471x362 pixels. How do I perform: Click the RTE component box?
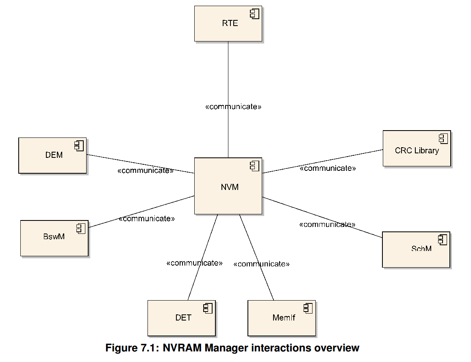(x=228, y=24)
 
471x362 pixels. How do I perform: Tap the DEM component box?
(x=52, y=155)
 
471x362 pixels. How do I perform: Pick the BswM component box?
(x=54, y=238)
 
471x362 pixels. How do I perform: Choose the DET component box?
(x=181, y=318)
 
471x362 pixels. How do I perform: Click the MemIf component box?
(x=282, y=318)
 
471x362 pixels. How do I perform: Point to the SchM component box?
(x=416, y=249)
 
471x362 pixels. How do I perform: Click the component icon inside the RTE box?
(x=254, y=14)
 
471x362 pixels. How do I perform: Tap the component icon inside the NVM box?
(x=254, y=166)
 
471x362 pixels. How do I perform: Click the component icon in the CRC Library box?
(x=443, y=139)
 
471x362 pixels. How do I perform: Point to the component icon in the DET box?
(x=208, y=308)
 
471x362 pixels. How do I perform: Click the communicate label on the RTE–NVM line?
(x=233, y=107)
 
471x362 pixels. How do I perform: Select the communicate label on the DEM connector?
(x=145, y=170)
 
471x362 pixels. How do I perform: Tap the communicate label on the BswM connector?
(x=147, y=219)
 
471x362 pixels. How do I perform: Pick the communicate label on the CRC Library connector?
(x=328, y=168)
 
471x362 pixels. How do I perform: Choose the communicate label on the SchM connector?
(x=327, y=225)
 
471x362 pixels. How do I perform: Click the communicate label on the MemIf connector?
(x=261, y=264)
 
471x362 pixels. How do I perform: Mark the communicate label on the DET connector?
(x=194, y=263)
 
